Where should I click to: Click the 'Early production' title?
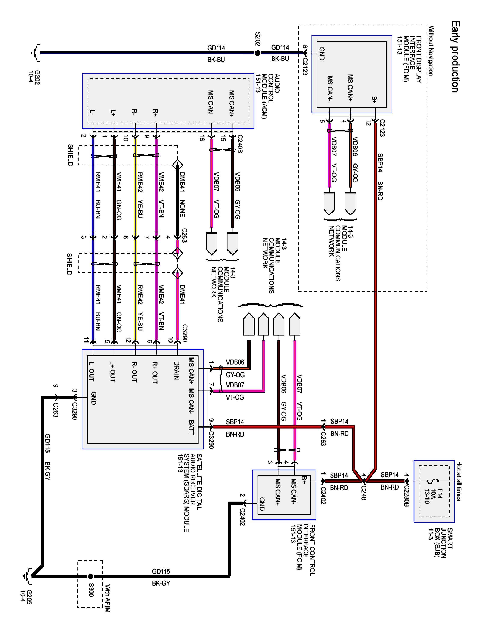pos(455,56)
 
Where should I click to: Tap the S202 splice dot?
pos(257,53)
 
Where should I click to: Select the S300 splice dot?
pos(90,576)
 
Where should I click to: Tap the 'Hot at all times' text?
pos(459,481)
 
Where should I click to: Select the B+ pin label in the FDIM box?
pos(374,100)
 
